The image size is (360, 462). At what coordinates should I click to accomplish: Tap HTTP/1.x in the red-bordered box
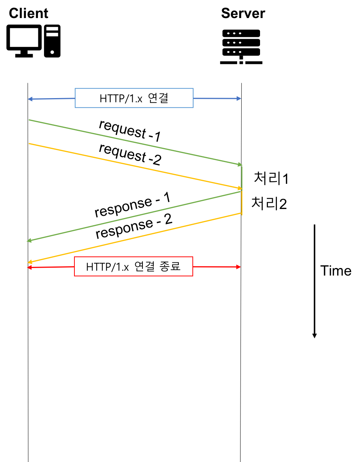[x=107, y=267]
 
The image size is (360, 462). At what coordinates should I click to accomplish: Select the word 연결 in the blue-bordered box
[x=158, y=98]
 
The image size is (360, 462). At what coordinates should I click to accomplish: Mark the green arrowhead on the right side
[x=240, y=164]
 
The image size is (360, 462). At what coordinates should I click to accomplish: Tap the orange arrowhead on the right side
[x=239, y=188]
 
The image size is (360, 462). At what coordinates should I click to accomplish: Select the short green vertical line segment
[x=242, y=177]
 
